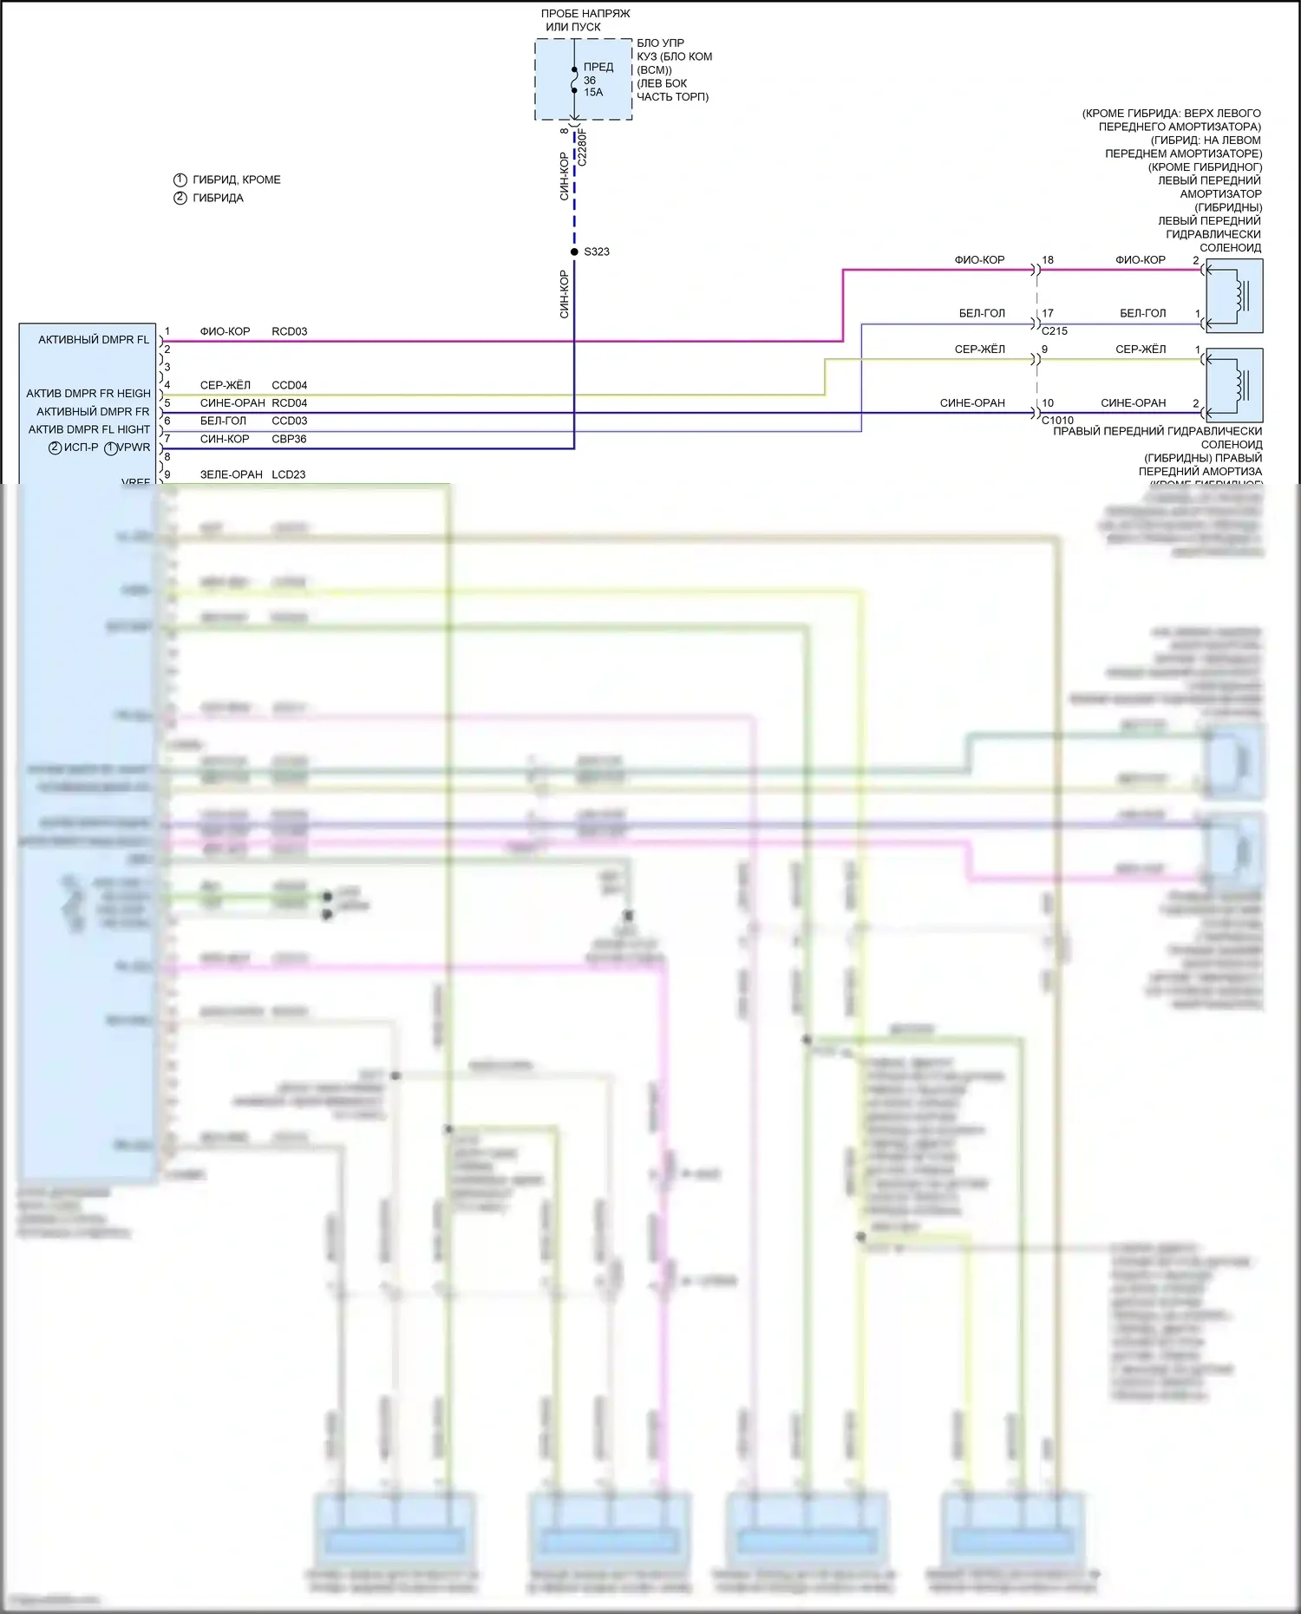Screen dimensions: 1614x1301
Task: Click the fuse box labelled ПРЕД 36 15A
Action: (583, 79)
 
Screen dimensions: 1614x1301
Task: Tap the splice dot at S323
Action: (574, 252)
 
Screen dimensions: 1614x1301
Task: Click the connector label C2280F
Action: (582, 147)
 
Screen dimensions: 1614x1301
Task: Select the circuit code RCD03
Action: (289, 331)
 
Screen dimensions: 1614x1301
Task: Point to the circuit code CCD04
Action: (289, 385)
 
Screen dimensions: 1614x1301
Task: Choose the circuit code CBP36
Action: (289, 439)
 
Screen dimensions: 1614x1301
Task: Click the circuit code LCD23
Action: (289, 474)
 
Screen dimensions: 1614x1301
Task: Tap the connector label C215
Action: (1054, 331)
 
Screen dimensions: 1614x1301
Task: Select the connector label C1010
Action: (1057, 421)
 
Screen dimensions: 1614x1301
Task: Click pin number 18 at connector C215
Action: (1048, 260)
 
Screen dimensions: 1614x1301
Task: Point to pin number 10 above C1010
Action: (1048, 403)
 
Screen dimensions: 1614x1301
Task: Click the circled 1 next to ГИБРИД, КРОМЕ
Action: (180, 180)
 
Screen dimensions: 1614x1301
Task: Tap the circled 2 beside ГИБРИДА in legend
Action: (180, 198)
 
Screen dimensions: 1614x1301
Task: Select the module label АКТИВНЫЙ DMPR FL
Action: (94, 340)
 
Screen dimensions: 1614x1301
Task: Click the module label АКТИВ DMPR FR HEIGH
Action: (88, 394)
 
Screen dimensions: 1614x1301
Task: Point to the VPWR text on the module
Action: (134, 448)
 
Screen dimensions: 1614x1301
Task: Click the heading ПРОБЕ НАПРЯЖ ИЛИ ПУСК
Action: (585, 20)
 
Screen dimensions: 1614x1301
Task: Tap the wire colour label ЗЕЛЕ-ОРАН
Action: (231, 474)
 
